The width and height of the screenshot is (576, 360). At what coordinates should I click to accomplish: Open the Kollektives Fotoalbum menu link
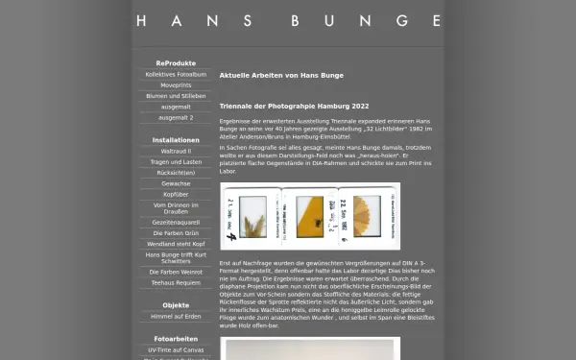tap(176, 74)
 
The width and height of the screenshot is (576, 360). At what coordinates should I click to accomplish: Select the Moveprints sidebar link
tap(176, 84)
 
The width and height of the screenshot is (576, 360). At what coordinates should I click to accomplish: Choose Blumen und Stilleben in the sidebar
tap(176, 96)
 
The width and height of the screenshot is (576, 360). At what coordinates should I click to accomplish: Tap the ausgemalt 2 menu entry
tap(176, 117)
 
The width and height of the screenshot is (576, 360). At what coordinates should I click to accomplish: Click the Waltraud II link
tap(176, 151)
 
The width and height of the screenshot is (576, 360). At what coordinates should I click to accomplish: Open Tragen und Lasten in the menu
tap(176, 161)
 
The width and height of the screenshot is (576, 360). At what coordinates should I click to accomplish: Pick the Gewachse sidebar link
tap(176, 182)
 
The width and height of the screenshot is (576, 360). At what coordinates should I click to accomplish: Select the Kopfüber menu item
tap(176, 194)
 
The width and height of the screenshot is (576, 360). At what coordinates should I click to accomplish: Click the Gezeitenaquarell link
tap(176, 221)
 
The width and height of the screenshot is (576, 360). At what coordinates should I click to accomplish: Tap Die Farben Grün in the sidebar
tap(176, 232)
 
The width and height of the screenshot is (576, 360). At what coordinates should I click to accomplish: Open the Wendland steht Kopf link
tap(176, 244)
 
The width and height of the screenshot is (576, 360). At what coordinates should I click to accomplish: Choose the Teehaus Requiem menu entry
tap(176, 283)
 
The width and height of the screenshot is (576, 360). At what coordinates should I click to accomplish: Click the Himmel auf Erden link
tap(176, 316)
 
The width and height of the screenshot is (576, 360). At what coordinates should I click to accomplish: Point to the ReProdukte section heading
tap(176, 62)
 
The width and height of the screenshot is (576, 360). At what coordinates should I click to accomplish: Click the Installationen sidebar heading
tap(176, 139)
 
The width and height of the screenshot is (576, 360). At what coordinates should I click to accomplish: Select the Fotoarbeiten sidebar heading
tap(176, 338)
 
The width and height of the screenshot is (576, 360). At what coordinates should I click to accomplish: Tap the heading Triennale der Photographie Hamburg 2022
tap(294, 107)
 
